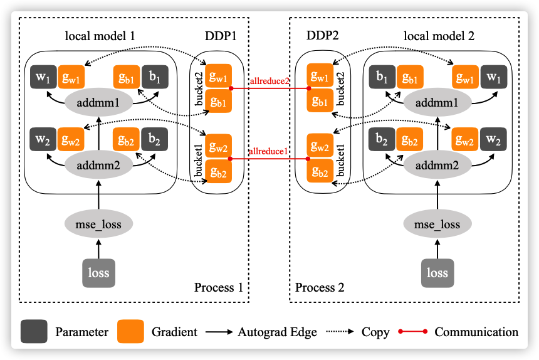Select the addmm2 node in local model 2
(437, 166)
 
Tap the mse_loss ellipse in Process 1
(98, 224)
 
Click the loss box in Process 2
(437, 273)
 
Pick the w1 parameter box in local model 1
(43, 78)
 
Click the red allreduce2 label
(269, 81)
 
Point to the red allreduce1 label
(269, 151)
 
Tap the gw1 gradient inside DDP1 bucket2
(219, 77)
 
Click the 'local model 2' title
(439, 36)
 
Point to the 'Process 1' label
(218, 288)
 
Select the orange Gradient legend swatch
(130, 332)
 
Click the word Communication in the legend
(476, 332)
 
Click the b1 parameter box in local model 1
(154, 78)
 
